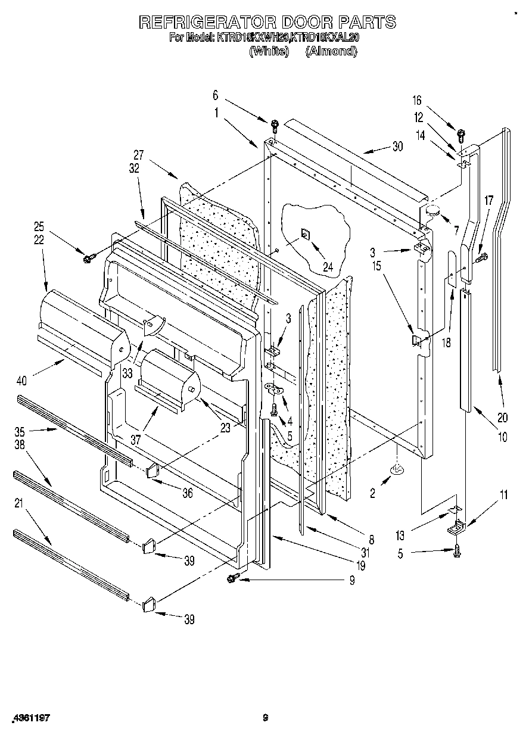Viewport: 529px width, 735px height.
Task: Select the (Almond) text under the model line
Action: [x=331, y=51]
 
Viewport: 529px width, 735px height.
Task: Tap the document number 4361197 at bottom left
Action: [x=29, y=718]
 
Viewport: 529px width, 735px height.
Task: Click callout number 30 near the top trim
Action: [x=397, y=147]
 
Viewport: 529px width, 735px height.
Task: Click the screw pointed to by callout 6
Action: [x=275, y=125]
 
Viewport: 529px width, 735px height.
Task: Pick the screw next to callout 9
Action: [x=232, y=578]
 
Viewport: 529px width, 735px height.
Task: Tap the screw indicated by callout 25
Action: [x=89, y=258]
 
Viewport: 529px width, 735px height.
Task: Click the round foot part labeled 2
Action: [x=396, y=471]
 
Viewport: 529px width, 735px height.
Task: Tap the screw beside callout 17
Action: [x=481, y=257]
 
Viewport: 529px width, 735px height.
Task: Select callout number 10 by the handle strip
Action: [x=502, y=437]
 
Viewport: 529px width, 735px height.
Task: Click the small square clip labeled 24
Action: [x=304, y=234]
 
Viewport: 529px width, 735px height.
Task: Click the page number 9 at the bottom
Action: [x=266, y=718]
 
